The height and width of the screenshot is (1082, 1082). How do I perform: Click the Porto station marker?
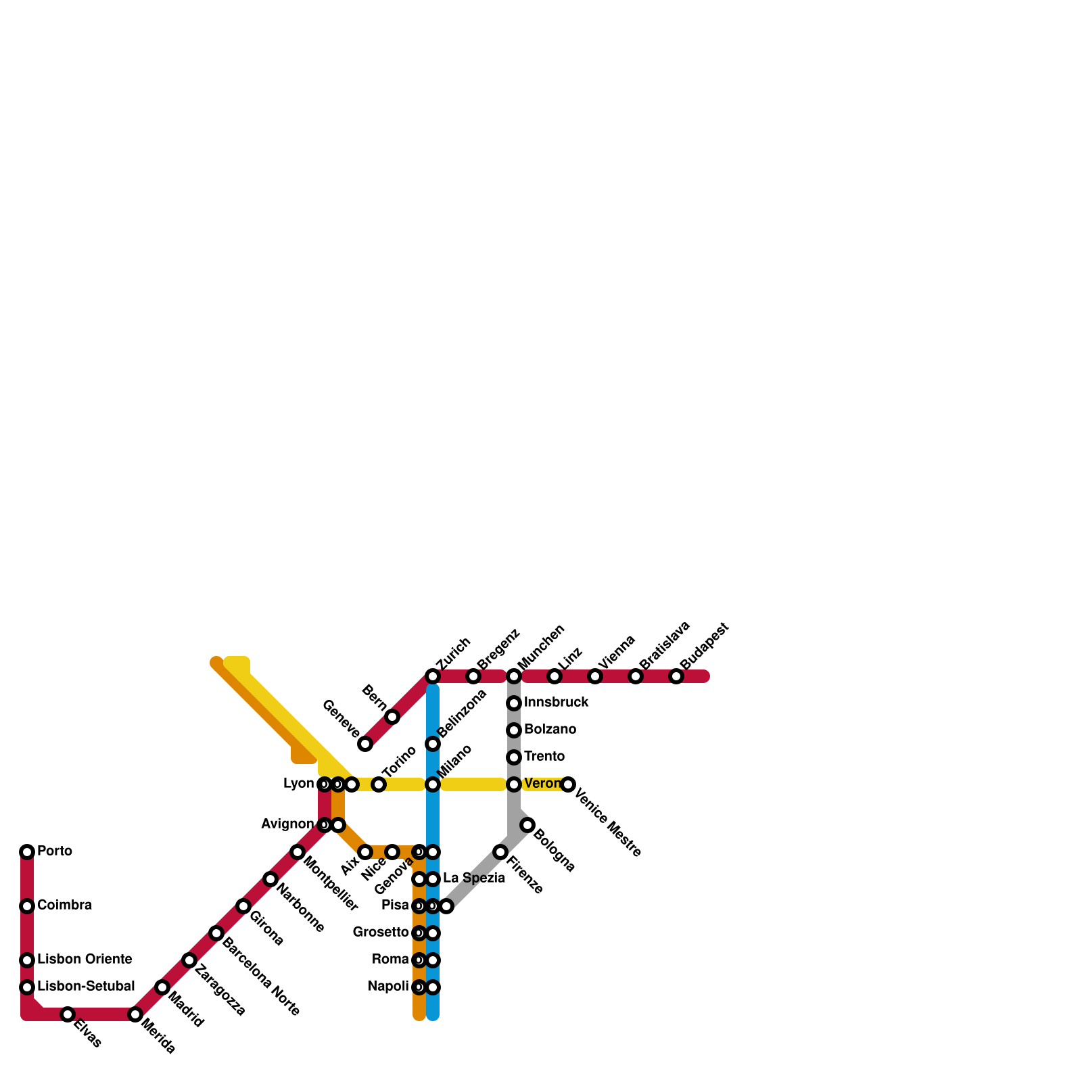(x=27, y=852)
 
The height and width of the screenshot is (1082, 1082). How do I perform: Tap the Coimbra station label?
(x=64, y=905)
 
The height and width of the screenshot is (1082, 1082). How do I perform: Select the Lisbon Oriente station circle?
(x=27, y=960)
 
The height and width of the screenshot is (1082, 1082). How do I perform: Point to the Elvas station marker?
(x=68, y=1014)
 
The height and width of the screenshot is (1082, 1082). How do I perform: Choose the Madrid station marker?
(x=162, y=987)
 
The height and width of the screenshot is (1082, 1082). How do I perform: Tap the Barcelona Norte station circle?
(x=216, y=933)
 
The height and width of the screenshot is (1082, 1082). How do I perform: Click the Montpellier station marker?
(x=298, y=852)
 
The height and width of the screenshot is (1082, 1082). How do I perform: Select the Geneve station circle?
(x=365, y=744)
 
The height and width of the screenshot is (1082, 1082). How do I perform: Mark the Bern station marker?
(x=392, y=717)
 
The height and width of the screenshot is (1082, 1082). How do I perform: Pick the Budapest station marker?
(x=676, y=676)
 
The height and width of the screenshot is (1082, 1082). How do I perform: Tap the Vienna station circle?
(x=595, y=676)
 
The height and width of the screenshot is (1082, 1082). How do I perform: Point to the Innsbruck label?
(x=556, y=703)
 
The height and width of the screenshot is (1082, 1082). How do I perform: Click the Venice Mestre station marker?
(x=568, y=784)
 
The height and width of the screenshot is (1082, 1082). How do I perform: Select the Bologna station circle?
(x=527, y=825)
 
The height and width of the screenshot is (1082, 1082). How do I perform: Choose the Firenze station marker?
(x=500, y=852)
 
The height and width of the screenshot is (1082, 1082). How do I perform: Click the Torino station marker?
(x=379, y=784)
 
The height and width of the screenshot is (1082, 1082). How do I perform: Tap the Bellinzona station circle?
(x=433, y=744)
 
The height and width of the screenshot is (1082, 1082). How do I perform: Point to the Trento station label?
(x=544, y=757)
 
